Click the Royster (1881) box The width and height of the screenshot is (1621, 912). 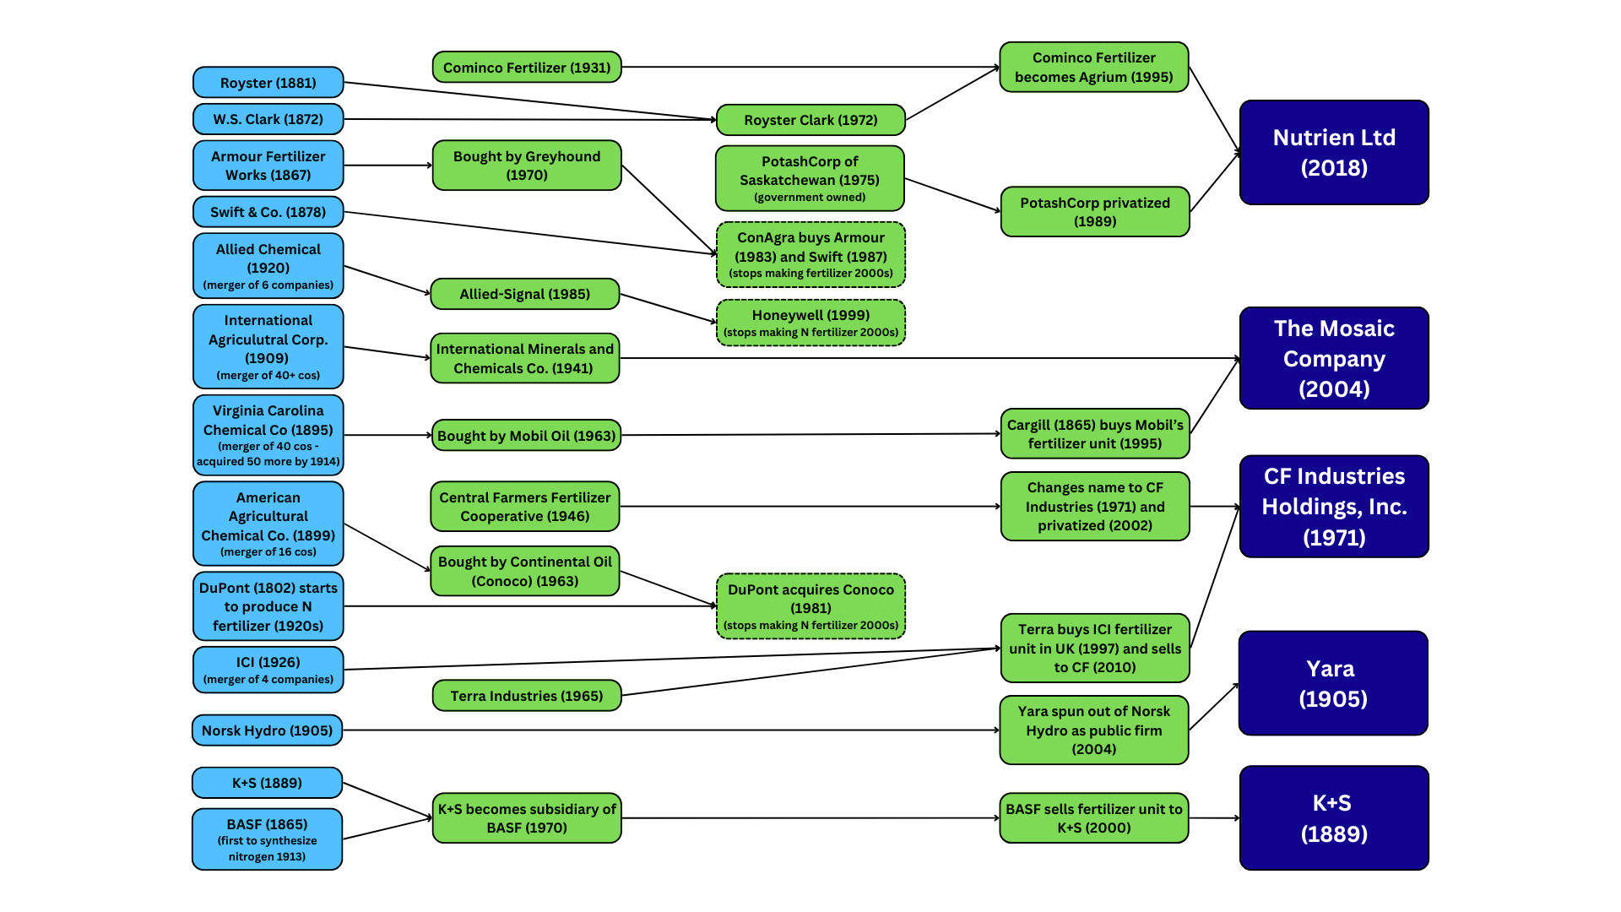tap(268, 83)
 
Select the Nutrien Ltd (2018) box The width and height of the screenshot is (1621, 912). tap(1334, 152)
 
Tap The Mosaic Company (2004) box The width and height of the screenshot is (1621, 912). tap(1334, 358)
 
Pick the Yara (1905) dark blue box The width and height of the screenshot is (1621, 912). tap(1332, 683)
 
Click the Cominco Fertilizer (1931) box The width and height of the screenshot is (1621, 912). tap(527, 68)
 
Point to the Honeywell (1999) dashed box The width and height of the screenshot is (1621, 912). tap(810, 323)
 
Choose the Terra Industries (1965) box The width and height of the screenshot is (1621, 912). tap(527, 696)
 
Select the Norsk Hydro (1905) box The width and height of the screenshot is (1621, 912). tap(267, 730)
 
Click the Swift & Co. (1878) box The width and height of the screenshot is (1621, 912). tap(268, 212)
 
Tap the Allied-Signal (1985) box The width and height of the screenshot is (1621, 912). tap(524, 294)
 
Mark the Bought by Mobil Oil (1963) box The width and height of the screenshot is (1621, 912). tap(527, 436)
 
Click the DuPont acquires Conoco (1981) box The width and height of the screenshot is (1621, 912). tap(810, 606)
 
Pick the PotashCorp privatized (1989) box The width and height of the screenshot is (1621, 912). tap(1095, 212)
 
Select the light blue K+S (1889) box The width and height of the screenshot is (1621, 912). tap(267, 783)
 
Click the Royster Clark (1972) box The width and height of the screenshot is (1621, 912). tap(810, 120)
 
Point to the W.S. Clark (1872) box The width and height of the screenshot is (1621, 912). tap(268, 119)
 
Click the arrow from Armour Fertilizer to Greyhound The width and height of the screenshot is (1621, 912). tap(388, 166)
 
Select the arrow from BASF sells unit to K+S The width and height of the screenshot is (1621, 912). tap(1214, 818)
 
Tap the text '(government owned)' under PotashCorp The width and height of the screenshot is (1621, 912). tap(810, 198)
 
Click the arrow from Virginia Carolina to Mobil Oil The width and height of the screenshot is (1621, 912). tap(388, 436)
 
